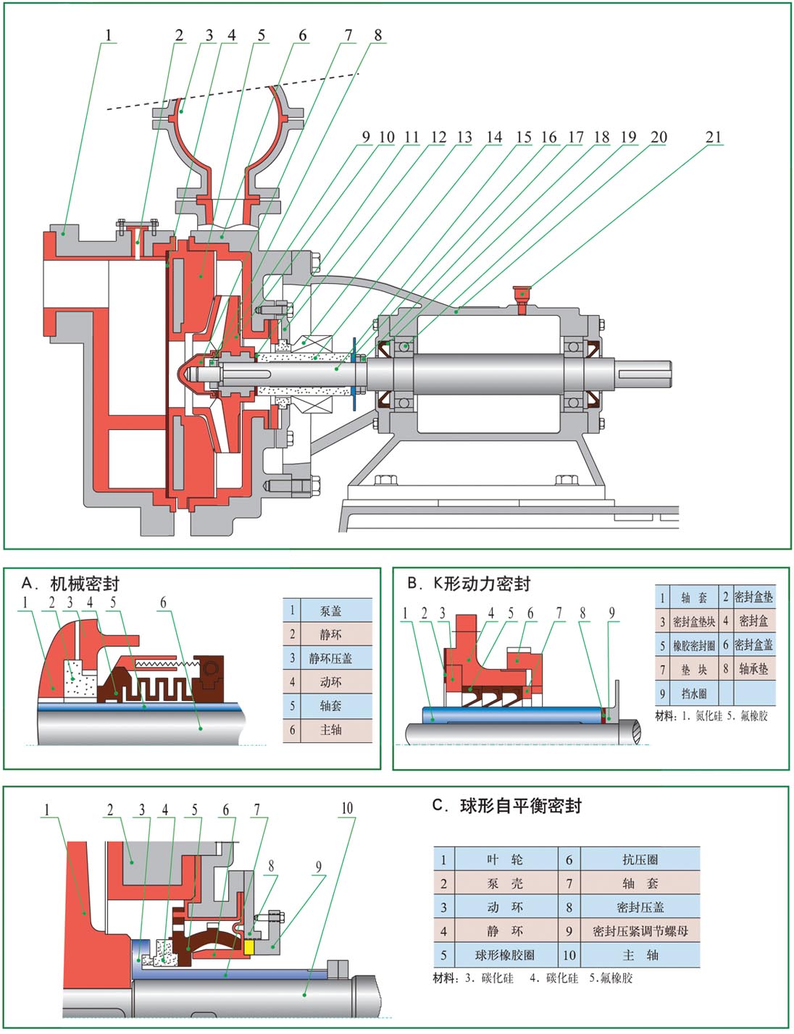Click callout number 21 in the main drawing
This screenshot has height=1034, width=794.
(x=714, y=137)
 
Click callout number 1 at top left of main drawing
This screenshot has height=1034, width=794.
(x=109, y=35)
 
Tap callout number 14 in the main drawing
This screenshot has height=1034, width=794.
(x=494, y=137)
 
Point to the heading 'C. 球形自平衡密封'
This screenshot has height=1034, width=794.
(x=506, y=806)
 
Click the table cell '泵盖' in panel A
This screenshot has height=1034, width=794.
(x=330, y=610)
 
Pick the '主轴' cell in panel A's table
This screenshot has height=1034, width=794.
(x=330, y=730)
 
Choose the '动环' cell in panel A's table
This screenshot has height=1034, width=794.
(x=330, y=682)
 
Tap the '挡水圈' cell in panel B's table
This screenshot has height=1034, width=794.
(x=693, y=694)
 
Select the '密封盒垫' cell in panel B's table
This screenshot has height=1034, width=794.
(x=753, y=597)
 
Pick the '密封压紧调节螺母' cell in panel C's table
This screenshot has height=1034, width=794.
(x=640, y=931)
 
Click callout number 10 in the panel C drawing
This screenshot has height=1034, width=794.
(x=347, y=808)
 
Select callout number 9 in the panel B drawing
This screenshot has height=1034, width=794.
(x=611, y=613)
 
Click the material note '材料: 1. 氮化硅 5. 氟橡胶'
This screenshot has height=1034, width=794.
(x=711, y=716)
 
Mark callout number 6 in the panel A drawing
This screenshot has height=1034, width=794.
(x=163, y=602)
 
